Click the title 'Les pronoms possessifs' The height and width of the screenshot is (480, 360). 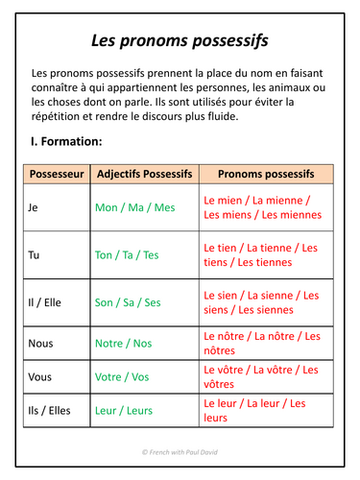pyautogui.click(x=180, y=40)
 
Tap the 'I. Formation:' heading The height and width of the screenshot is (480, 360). pyautogui.click(x=67, y=141)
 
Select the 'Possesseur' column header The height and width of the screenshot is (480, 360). pyautogui.click(x=57, y=174)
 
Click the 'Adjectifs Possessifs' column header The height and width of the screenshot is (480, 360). pyautogui.click(x=145, y=174)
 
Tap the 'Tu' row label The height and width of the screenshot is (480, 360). pyautogui.click(x=36, y=254)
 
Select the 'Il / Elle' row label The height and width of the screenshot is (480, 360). pyautogui.click(x=45, y=302)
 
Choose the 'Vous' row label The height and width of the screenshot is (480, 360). pyautogui.click(x=40, y=376)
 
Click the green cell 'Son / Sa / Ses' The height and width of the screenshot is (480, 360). pyautogui.click(x=129, y=302)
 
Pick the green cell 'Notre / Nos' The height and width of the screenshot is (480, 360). pyautogui.click(x=124, y=343)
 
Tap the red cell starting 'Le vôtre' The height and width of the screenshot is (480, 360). pyautogui.click(x=260, y=376)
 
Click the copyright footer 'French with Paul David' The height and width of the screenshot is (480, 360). pyautogui.click(x=180, y=451)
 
